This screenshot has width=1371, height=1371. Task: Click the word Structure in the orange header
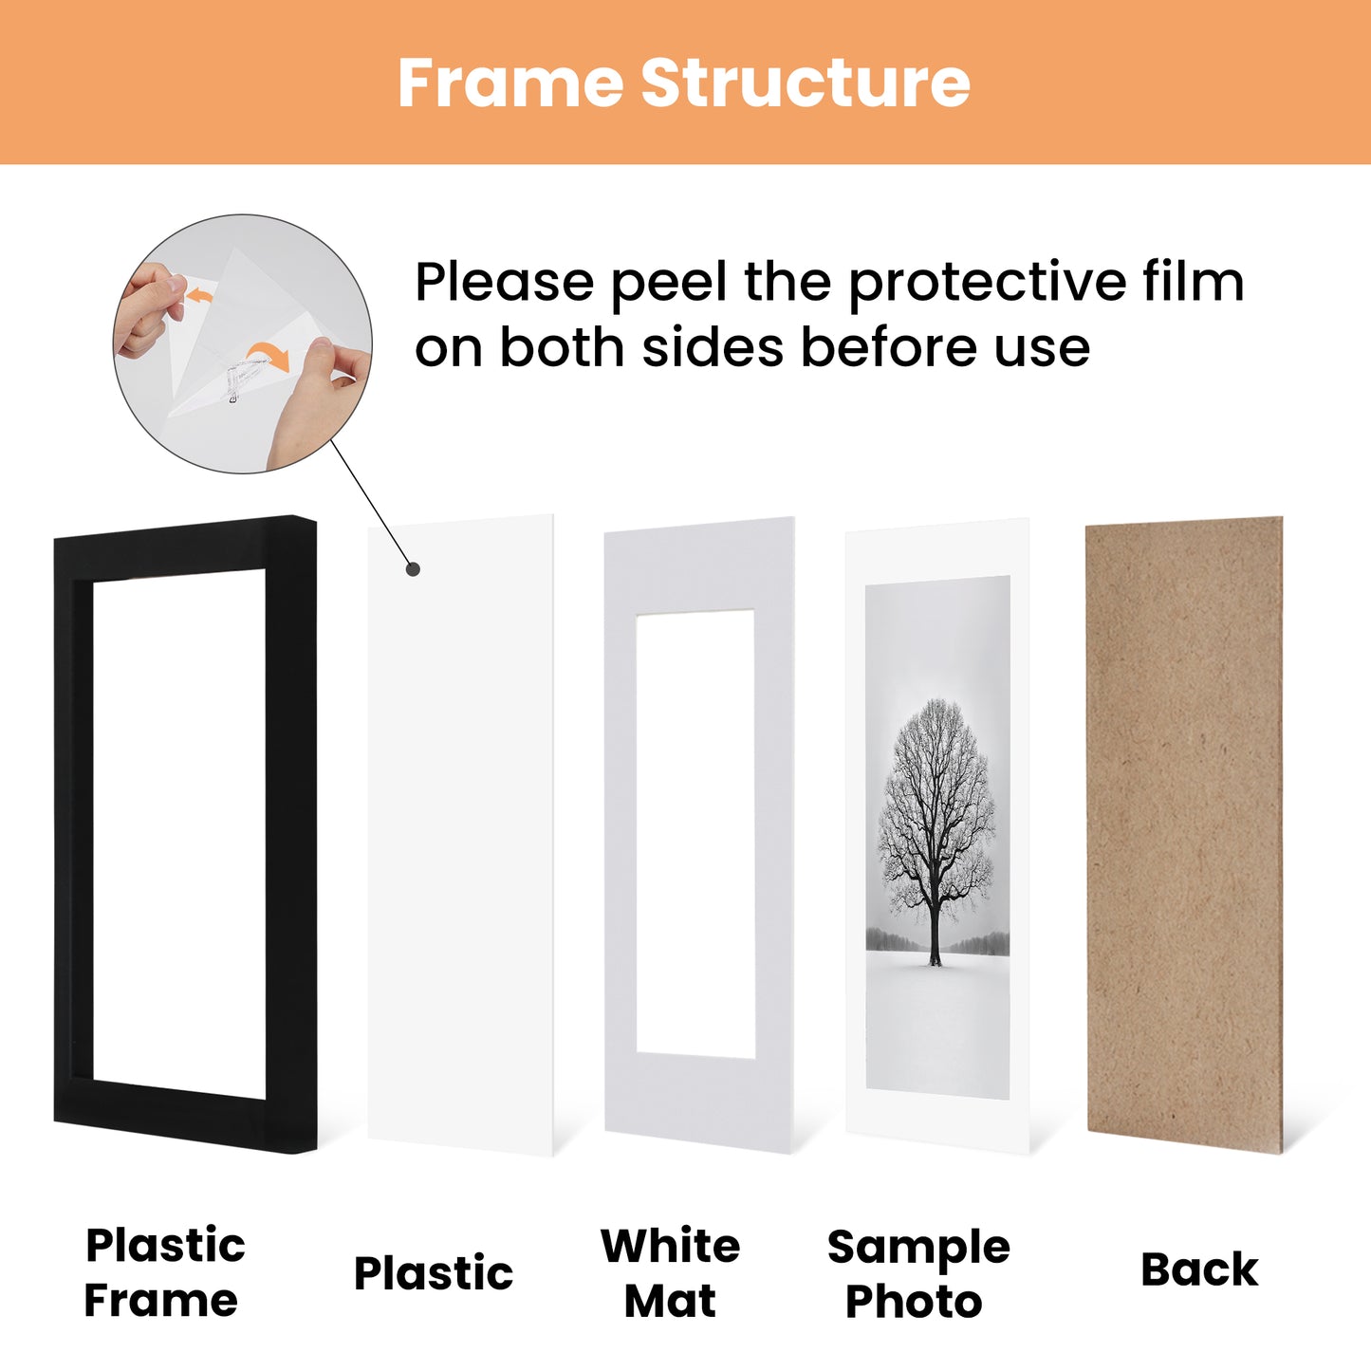(806, 83)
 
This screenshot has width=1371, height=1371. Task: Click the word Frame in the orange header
(511, 83)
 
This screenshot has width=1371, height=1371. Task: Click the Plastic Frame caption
(163, 1272)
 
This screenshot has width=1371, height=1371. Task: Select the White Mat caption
(671, 1272)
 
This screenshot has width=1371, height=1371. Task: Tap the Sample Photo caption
(917, 1273)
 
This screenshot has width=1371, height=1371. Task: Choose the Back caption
(1199, 1269)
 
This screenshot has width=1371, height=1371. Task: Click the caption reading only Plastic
(434, 1273)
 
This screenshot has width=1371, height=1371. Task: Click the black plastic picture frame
(74, 835)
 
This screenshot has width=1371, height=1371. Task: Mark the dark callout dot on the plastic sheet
(413, 569)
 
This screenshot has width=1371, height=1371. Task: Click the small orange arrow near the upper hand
(199, 297)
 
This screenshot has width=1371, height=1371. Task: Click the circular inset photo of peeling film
(242, 343)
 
